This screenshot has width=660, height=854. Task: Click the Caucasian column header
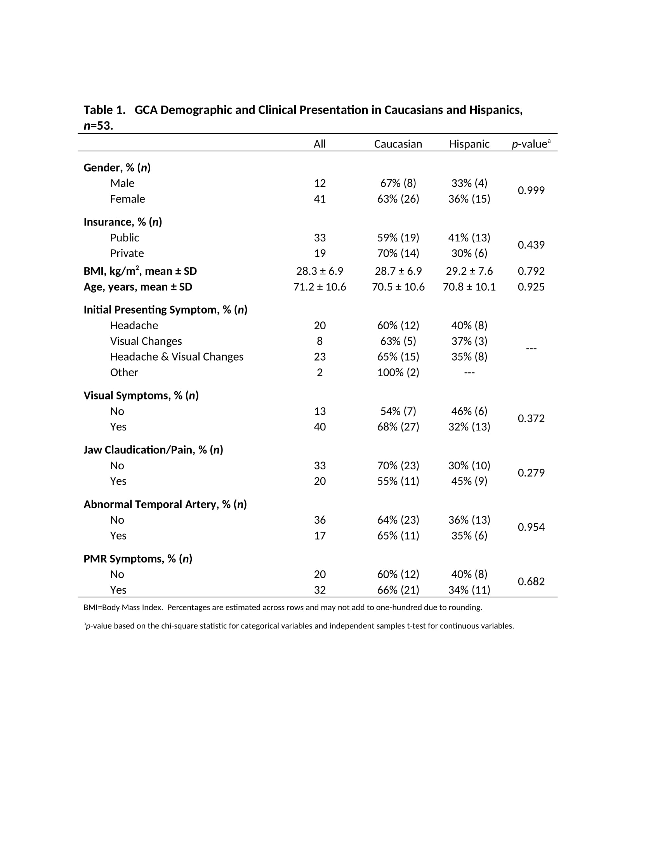pos(398,144)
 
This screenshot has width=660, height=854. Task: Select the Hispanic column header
pos(469,144)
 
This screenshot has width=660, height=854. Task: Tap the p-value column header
pos(531,144)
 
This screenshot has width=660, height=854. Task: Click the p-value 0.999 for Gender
pos(531,191)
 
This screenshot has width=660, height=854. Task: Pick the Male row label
pos(122,183)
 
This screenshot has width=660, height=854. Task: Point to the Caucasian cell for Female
pos(398,199)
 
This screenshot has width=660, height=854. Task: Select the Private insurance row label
pos(127,253)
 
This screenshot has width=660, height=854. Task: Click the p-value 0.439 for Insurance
pos(531,245)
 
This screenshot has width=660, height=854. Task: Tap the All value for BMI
pos(320,271)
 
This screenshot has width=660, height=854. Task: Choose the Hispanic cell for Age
pos(469,286)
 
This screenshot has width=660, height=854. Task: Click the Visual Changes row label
pos(146,341)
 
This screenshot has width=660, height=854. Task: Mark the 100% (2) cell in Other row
pos(398,372)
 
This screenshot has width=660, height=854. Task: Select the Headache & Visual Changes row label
pos(176,357)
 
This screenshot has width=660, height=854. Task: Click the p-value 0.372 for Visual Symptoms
pos(531,418)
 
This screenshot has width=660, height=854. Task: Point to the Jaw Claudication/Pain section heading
pos(153,450)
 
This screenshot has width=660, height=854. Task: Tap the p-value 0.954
pos(531,527)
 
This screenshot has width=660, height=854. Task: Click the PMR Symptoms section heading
pos(138,558)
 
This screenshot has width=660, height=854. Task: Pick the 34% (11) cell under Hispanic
pos(469,590)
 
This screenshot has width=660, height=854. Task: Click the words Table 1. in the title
pos(104,110)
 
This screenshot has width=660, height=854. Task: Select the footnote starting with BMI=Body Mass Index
pos(282,607)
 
